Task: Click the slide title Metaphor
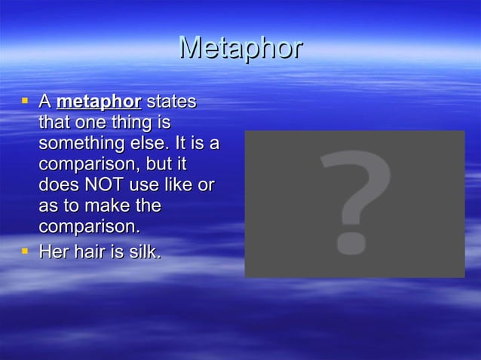point(240,48)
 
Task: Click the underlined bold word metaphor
point(99,102)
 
